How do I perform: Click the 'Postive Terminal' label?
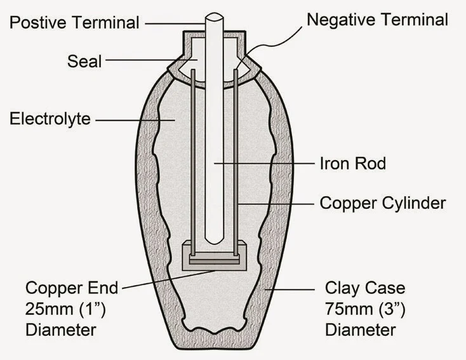coord(74,23)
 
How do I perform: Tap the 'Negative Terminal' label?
coord(377,20)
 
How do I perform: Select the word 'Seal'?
coord(84,62)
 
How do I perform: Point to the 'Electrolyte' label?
coord(50,119)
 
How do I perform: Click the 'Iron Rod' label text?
coord(352,163)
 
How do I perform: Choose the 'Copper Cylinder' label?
coord(383,203)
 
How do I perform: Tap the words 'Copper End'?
coord(72,288)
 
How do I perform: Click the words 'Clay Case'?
coord(364,288)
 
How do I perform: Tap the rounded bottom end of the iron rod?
coord(215,241)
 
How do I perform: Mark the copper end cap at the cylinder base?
coord(214,260)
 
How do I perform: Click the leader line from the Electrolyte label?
coord(133,119)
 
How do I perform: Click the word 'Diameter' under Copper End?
coord(60,330)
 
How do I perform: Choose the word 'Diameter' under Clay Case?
coord(360,330)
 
